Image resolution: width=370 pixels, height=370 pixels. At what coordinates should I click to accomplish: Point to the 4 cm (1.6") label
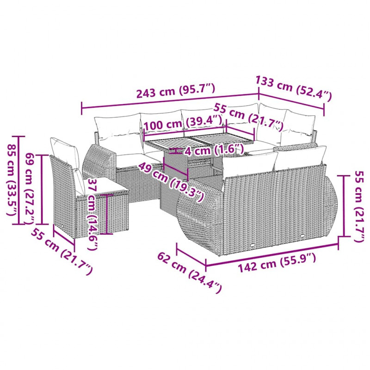coord(214,150)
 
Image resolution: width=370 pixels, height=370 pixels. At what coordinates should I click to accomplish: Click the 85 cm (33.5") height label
coord(12,180)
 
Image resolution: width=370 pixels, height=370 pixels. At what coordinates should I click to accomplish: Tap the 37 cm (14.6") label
coord(92,214)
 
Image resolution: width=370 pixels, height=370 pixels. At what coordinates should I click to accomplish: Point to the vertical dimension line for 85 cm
coord(18,180)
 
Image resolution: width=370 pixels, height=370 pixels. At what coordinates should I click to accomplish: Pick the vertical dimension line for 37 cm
coord(107,215)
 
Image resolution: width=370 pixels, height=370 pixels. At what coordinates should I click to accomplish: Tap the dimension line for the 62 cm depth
coord(191,255)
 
